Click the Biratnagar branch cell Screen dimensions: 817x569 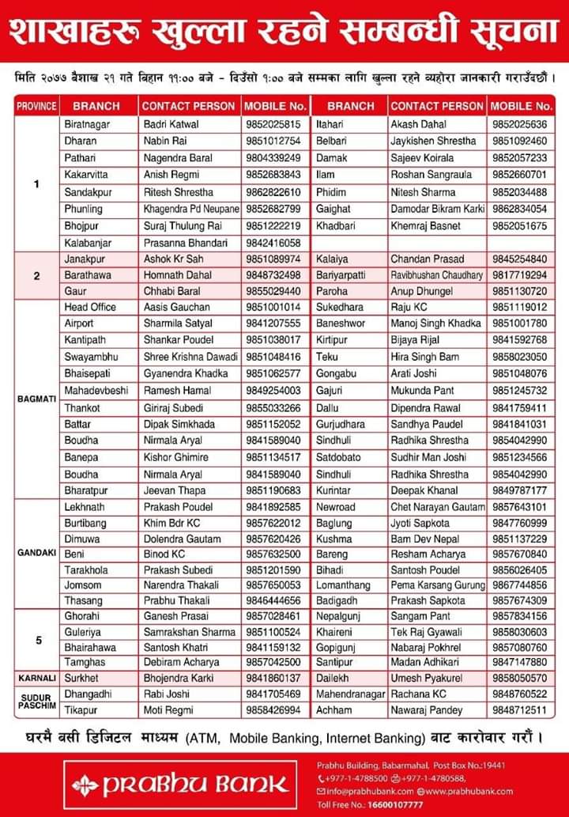coord(88,124)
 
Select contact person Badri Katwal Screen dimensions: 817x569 coord(171,124)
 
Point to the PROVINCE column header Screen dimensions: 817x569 coord(36,105)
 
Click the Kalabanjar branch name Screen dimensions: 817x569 coord(88,243)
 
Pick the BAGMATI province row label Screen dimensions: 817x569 coord(36,399)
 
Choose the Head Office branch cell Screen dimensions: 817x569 coord(90,307)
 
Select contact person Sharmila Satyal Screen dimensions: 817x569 coord(177,323)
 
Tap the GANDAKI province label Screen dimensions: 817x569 coord(36,554)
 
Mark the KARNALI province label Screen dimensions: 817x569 coord(36,678)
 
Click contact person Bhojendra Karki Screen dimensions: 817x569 coord(178,678)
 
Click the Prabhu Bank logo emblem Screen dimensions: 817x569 coord(85,785)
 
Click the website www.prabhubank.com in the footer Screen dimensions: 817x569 coord(469,791)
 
